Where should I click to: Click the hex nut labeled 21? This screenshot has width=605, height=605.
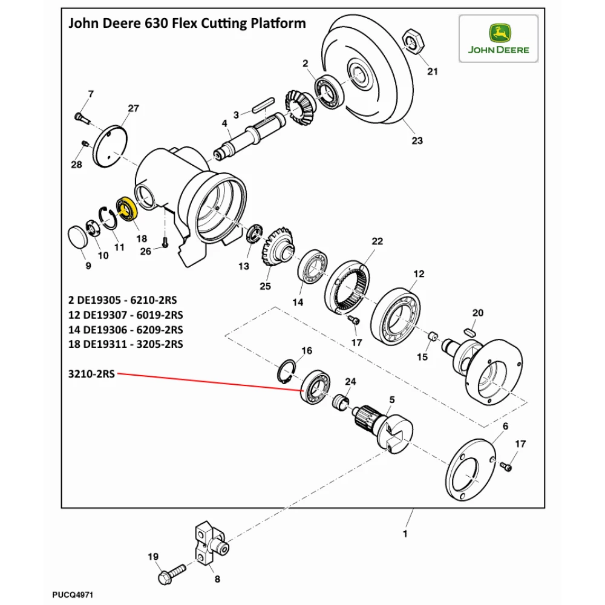pos(414,42)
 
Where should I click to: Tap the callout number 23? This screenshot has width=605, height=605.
pos(417,141)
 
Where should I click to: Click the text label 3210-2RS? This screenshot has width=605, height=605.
pos(91,373)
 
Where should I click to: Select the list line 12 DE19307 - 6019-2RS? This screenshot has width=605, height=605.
pos(126,315)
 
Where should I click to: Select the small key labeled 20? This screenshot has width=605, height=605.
pos(472,332)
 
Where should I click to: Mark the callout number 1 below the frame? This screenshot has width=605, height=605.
pos(405,534)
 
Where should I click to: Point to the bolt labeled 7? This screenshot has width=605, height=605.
pos(80,116)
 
